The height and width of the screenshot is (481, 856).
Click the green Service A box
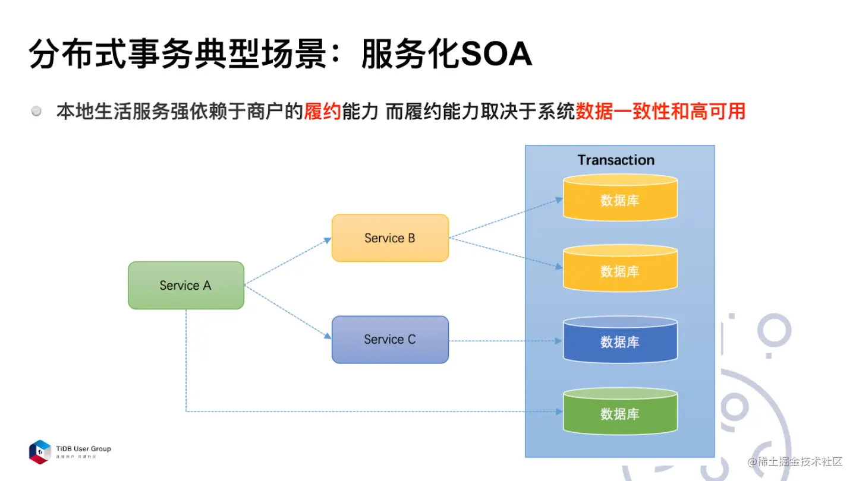pyautogui.click(x=186, y=286)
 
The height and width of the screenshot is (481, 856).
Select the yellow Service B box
pyautogui.click(x=390, y=238)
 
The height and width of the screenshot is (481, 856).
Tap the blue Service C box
pyautogui.click(x=390, y=340)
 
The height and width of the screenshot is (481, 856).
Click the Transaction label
pyautogui.click(x=616, y=160)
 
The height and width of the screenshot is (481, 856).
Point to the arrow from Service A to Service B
pyautogui.click(x=288, y=262)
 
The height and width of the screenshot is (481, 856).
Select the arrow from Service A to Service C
pyautogui.click(x=288, y=312)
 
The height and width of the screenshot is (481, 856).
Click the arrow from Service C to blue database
pyautogui.click(x=505, y=341)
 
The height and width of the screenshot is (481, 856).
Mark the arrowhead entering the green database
pyautogui.click(x=559, y=411)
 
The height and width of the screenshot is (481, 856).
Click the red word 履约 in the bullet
pyautogui.click(x=322, y=111)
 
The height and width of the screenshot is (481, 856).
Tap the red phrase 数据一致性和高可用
pyautogui.click(x=660, y=111)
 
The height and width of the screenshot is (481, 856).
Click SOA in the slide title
pyautogui.click(x=496, y=55)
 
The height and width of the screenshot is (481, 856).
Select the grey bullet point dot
pyautogui.click(x=37, y=111)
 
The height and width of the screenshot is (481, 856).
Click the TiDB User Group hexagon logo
pyautogui.click(x=40, y=451)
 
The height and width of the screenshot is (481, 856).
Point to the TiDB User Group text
pyautogui.click(x=83, y=449)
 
